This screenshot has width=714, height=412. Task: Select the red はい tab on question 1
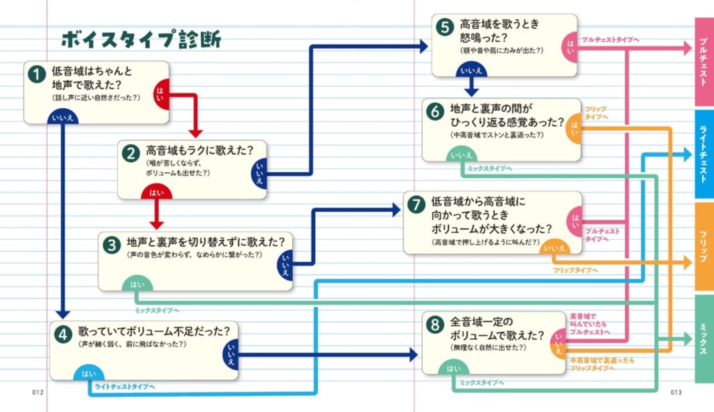pos(161,91)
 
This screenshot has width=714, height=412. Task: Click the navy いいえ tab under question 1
pos(63,118)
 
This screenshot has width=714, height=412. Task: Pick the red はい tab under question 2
pos(156,192)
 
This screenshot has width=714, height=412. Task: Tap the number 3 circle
pos(111,245)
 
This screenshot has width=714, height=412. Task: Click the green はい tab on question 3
pos(137,284)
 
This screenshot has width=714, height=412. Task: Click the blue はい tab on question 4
pos(89,374)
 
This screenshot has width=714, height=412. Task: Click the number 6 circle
pos(434,112)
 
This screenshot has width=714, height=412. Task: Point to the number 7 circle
pos(416,204)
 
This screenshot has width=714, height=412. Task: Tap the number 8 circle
pos(434,325)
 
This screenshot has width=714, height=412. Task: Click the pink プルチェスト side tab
pos(704,62)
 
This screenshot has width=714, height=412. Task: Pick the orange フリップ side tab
pos(704,246)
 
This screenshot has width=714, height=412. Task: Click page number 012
pos(38,392)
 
